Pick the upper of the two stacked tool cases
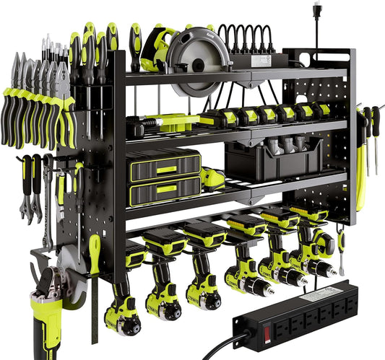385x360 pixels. (163, 164)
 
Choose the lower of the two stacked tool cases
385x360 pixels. (163, 190)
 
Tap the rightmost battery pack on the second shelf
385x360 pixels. (321, 110)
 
